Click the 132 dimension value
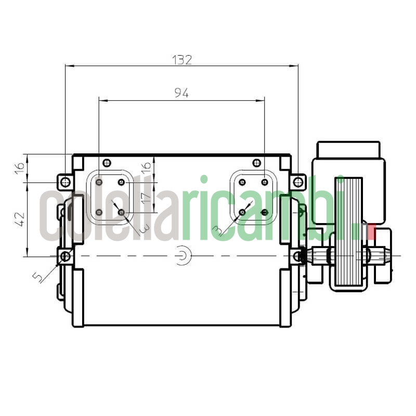182,59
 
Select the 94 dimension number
181,93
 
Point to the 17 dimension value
146,198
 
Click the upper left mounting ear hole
64,182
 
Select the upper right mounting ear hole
297,182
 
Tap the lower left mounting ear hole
65,256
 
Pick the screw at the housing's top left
107,163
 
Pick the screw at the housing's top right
256,163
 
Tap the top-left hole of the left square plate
99,182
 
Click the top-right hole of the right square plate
265,182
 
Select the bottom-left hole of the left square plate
99,212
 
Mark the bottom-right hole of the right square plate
265,212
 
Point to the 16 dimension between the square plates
146,167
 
